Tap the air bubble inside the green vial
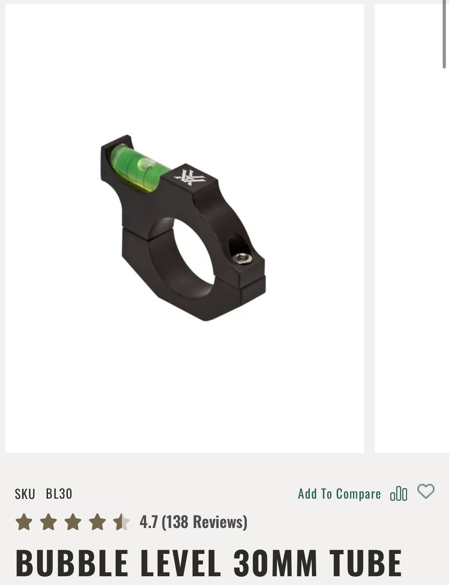(145, 163)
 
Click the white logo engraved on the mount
(188, 177)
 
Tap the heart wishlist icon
(426, 491)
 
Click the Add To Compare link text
(339, 494)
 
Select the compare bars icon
(399, 494)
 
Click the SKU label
(25, 494)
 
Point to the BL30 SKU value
(59, 494)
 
